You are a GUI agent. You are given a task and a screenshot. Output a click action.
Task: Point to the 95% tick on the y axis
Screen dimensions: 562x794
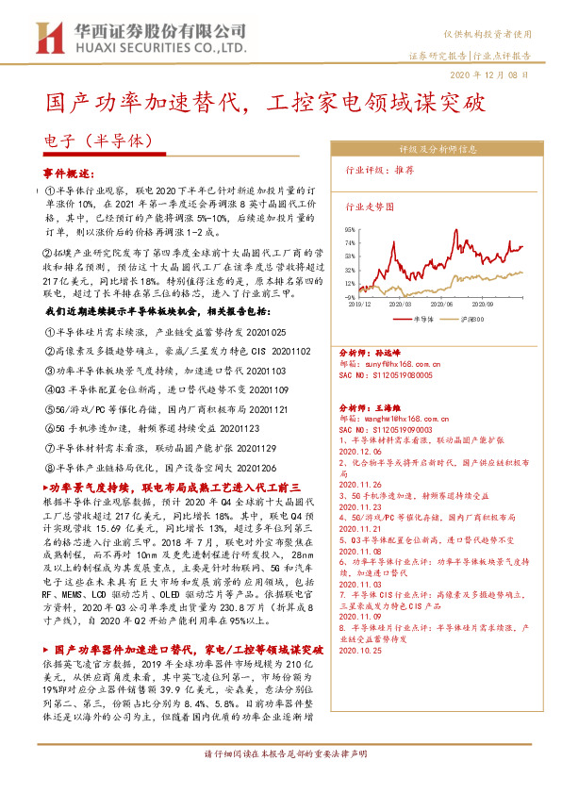click(349, 229)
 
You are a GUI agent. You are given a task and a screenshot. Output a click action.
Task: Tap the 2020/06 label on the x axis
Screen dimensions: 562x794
click(445, 305)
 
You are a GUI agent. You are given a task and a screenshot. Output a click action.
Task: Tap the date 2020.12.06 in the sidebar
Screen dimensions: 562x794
click(357, 452)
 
